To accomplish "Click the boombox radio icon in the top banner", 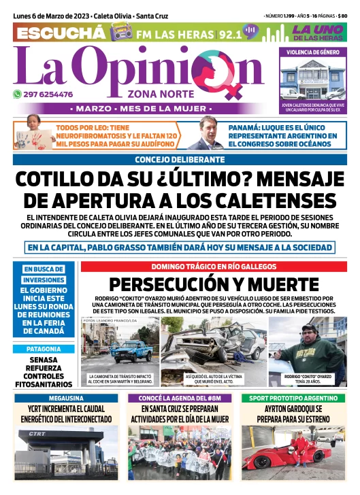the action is pos(122,32).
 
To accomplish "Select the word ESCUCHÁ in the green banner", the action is pos(61,33).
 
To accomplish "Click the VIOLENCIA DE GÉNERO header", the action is pos(313,52).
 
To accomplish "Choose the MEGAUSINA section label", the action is pos(66,397).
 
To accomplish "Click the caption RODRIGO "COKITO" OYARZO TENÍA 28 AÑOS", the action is pos(308,379).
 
